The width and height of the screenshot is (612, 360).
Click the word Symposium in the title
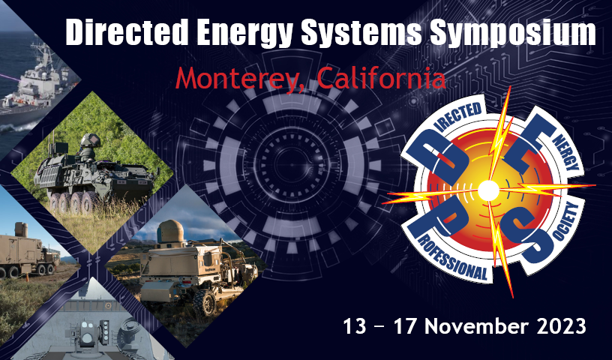pyautogui.click(x=513, y=34)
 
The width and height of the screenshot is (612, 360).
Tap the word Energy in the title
pyautogui.click(x=245, y=34)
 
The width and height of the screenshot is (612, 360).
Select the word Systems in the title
pyautogui.click(x=361, y=34)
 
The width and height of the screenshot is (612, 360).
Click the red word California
pyautogui.click(x=381, y=77)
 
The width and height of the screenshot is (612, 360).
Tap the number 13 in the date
pyautogui.click(x=355, y=326)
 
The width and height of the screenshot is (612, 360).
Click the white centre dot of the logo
pyautogui.click(x=488, y=190)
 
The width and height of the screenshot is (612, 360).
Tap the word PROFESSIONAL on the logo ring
pyautogui.click(x=453, y=259)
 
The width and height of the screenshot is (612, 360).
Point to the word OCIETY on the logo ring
pyautogui.click(x=565, y=223)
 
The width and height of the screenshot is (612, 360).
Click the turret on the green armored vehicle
pyautogui.click(x=90, y=143)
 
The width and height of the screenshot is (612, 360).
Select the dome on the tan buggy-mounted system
pyautogui.click(x=170, y=231)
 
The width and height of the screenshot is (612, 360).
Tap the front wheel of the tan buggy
pyautogui.click(x=204, y=302)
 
